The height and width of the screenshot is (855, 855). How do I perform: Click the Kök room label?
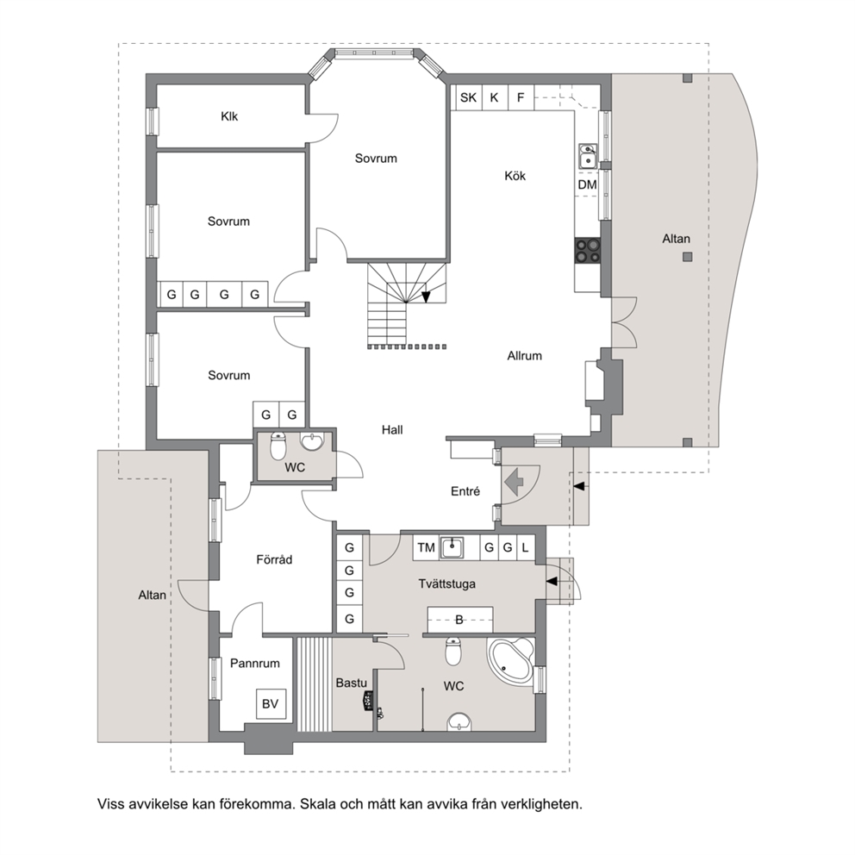[x=515, y=176]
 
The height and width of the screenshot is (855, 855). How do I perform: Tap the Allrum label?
[x=525, y=355]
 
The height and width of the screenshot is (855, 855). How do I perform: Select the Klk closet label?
[x=229, y=116]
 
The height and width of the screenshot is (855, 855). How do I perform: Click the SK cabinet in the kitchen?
[x=468, y=97]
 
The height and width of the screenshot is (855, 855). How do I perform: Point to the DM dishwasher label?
[x=587, y=184]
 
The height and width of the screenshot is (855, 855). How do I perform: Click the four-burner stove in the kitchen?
[x=588, y=251]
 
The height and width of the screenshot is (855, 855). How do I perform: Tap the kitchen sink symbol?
[x=587, y=157]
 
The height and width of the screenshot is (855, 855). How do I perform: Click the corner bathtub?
[x=511, y=660]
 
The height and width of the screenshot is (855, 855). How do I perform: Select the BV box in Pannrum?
[x=271, y=704]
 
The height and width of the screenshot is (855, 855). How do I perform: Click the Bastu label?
[x=351, y=683]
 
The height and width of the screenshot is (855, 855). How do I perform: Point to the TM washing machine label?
[x=426, y=547]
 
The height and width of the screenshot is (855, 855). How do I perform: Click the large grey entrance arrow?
[x=514, y=482]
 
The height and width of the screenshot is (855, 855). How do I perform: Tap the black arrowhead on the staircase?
[x=426, y=296]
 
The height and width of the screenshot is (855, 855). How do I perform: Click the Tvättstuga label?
[x=446, y=584]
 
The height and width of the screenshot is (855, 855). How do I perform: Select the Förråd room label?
[x=274, y=559]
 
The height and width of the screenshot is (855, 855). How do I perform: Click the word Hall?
[x=392, y=430]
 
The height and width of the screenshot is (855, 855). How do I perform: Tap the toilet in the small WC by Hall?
[x=278, y=446]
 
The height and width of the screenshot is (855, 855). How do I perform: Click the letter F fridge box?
[x=521, y=97]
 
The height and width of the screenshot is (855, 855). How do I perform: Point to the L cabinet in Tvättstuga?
[x=525, y=547]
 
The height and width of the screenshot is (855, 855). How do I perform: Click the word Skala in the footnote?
[x=318, y=804]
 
